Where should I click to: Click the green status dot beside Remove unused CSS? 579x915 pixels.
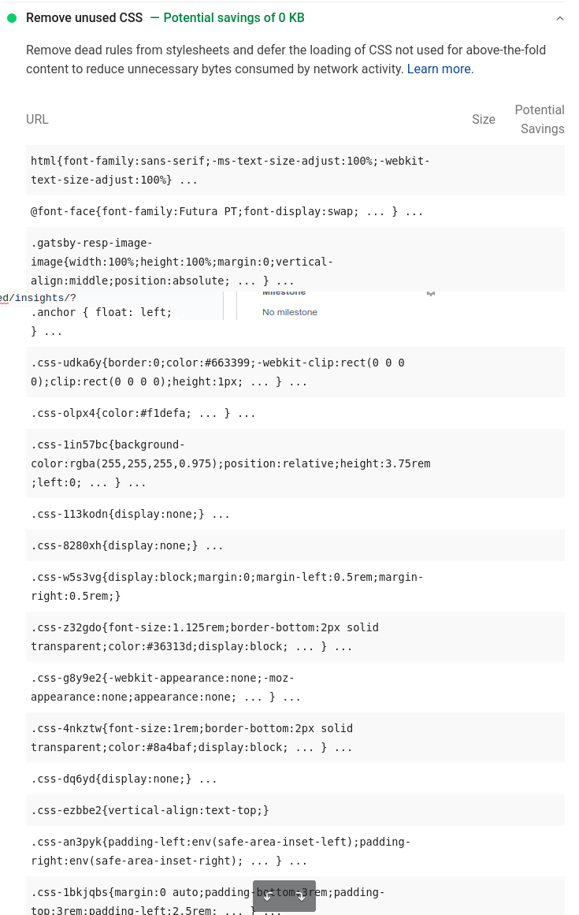12,18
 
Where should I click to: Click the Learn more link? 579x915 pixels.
440,69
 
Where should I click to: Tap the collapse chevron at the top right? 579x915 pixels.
560,18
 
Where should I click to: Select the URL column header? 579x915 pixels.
37,119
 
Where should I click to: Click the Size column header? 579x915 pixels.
484,119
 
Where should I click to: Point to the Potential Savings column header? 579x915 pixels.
540,119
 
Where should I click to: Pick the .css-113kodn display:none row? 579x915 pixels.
130,514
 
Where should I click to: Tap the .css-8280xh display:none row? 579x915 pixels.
127,545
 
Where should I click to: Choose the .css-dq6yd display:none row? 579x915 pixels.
124,779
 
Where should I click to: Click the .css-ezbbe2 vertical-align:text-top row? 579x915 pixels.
150,810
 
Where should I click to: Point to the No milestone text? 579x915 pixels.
290,312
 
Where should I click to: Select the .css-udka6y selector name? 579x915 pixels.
66,363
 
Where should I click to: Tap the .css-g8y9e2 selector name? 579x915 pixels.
66,678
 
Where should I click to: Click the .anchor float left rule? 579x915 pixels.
101,312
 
